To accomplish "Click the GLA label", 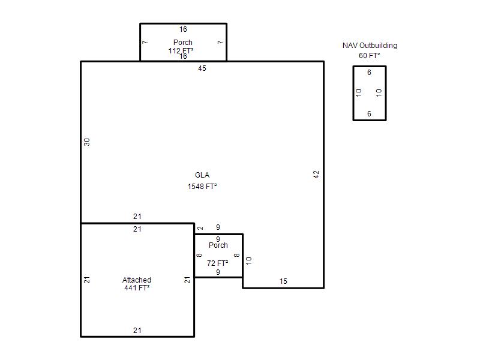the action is (x=202, y=175).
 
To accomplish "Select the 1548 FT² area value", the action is (x=202, y=186).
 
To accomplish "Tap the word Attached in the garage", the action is (x=137, y=280).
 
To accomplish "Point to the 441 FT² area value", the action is (x=137, y=288).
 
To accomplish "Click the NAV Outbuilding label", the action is (x=370, y=46).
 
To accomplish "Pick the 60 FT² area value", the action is (x=370, y=55).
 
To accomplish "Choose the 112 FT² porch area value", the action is (x=181, y=50).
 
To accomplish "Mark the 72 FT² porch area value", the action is (x=217, y=263).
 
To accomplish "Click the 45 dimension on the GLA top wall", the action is (x=202, y=68).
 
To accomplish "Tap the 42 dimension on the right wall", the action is (x=316, y=175).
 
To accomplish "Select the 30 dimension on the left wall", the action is (x=87, y=142).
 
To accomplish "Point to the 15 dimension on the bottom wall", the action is (x=283, y=281).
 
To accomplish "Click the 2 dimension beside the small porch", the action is (x=200, y=228).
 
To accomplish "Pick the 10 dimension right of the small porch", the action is (x=249, y=260).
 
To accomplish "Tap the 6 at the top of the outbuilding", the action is (x=369, y=73).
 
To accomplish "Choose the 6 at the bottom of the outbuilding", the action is (x=369, y=114).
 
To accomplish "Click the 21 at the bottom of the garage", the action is (x=137, y=331).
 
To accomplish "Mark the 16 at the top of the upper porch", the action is (x=183, y=29).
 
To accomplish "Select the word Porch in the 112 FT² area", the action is (x=183, y=42).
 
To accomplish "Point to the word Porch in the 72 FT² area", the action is (x=218, y=245).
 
